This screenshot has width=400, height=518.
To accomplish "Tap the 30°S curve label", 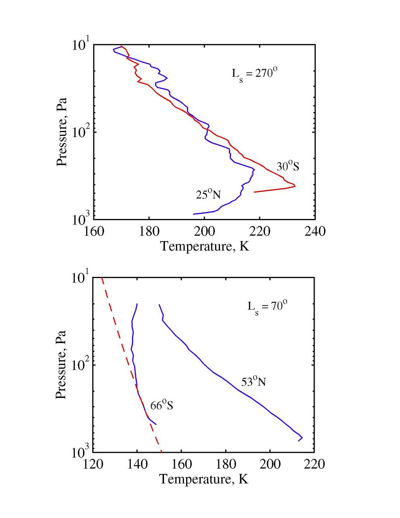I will [288, 166].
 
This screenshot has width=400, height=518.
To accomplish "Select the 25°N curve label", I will [208, 194].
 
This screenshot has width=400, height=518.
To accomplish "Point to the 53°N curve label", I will [253, 381].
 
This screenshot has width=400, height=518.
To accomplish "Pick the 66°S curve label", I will [162, 405].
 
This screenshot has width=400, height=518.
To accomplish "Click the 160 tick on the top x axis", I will [94, 231].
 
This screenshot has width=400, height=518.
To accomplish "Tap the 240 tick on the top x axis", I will [315, 231].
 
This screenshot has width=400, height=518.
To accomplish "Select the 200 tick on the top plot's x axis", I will [204, 231].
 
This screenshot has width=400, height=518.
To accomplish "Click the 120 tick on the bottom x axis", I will [93, 464].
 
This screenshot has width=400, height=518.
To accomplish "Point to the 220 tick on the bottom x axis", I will [314, 464].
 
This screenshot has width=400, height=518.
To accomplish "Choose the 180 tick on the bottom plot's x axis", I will [225, 464].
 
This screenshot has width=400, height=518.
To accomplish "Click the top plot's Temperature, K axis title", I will [205, 246].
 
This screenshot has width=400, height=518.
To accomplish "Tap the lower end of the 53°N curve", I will [299, 440].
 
